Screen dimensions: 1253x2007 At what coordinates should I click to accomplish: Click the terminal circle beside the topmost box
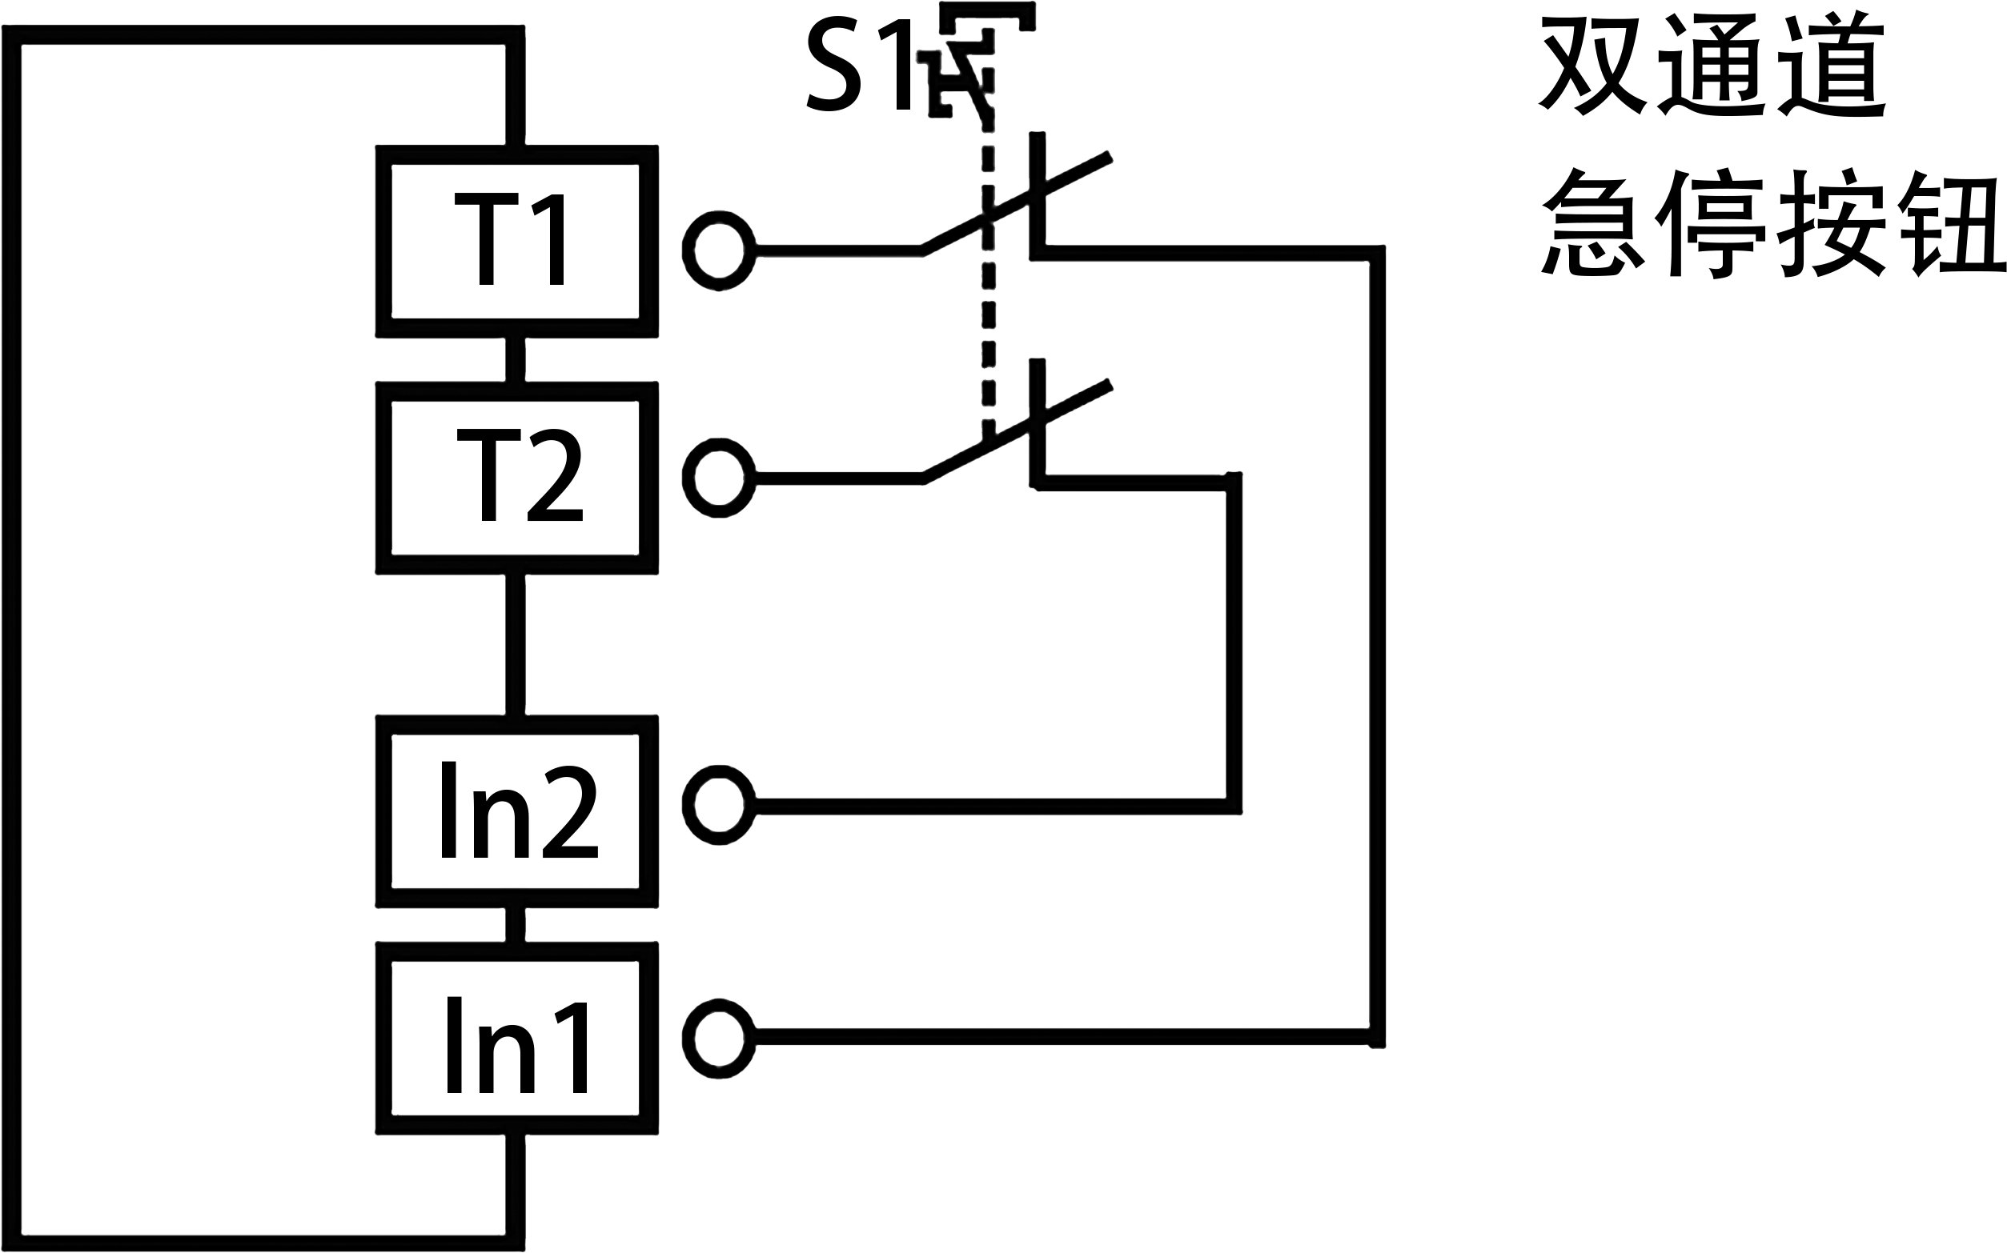719,250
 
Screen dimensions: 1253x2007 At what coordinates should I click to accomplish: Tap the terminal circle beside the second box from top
719,478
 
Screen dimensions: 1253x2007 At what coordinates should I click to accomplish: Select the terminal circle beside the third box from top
719,806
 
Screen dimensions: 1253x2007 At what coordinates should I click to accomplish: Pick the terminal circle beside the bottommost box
719,1039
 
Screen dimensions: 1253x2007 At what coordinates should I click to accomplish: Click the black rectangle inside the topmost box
508,238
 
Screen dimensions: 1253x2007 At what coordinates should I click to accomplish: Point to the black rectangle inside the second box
519,474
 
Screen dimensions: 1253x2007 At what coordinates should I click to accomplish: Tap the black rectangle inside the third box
519,810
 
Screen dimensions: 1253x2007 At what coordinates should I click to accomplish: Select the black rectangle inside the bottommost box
516,1044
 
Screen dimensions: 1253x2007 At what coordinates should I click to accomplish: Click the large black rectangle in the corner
1772,144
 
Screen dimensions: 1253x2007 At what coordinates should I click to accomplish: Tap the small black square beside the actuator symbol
857,64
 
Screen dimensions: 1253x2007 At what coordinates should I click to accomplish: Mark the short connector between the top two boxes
515,358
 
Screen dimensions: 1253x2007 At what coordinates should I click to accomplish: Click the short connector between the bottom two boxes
515,925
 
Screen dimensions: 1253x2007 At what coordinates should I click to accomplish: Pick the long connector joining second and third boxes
515,644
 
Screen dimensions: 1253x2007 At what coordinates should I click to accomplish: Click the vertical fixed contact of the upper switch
1037,166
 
